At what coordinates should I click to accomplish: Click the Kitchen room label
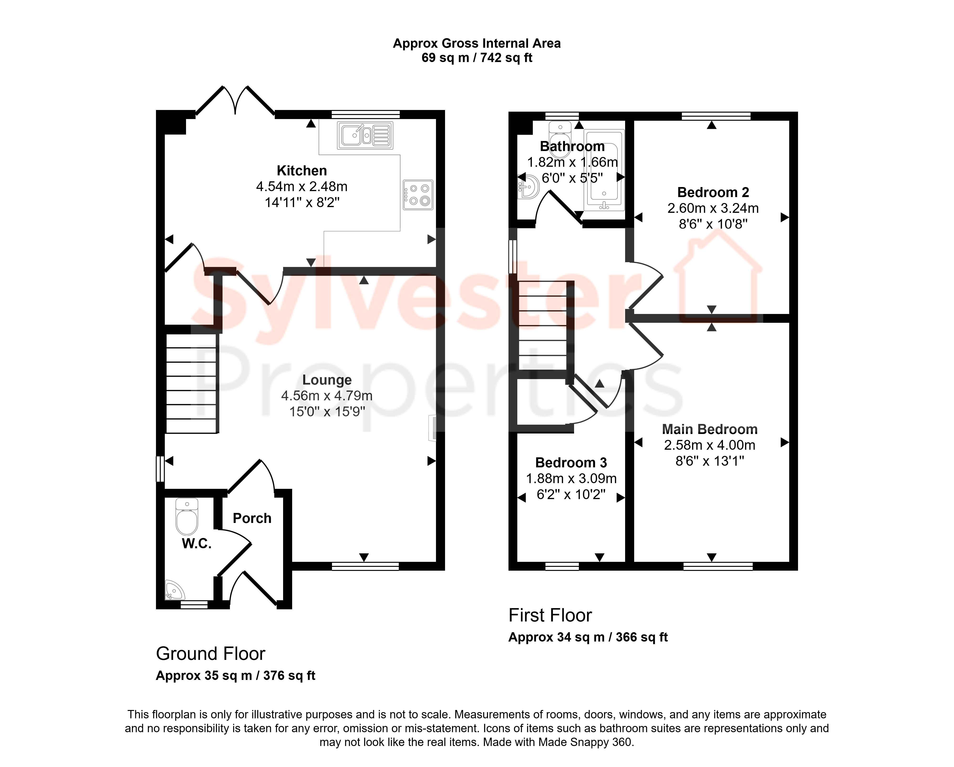(x=302, y=170)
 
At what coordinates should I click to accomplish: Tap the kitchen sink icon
(x=365, y=136)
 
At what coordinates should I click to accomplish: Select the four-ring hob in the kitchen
(x=418, y=195)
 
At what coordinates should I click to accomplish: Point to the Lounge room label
(x=327, y=380)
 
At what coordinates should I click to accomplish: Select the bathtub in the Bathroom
(x=604, y=170)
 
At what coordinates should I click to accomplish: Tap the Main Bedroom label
(x=710, y=429)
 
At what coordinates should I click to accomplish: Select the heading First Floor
(x=550, y=615)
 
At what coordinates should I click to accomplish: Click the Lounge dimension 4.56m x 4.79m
(x=327, y=396)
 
